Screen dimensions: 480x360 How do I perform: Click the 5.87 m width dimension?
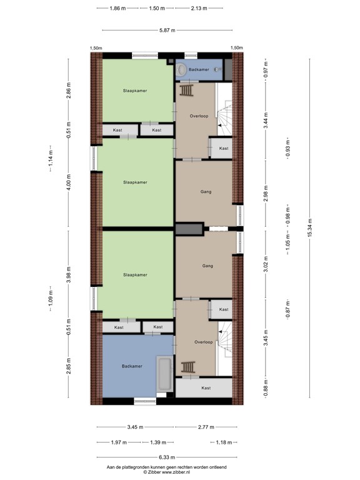click(x=167, y=29)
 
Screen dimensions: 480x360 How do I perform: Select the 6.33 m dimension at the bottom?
click(x=167, y=457)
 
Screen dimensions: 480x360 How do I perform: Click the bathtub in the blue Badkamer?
click(x=165, y=374)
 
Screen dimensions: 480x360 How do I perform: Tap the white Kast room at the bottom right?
click(x=206, y=388)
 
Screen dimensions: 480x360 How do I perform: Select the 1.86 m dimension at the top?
click(x=117, y=9)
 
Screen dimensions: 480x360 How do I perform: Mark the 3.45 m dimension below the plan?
click(x=135, y=427)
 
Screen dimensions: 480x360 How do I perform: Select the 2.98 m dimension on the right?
click(x=266, y=192)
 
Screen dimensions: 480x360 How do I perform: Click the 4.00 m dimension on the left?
click(x=69, y=184)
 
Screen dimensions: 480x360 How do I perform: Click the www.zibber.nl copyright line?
click(x=166, y=472)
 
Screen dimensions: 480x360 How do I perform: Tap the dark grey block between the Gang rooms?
click(x=188, y=229)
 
